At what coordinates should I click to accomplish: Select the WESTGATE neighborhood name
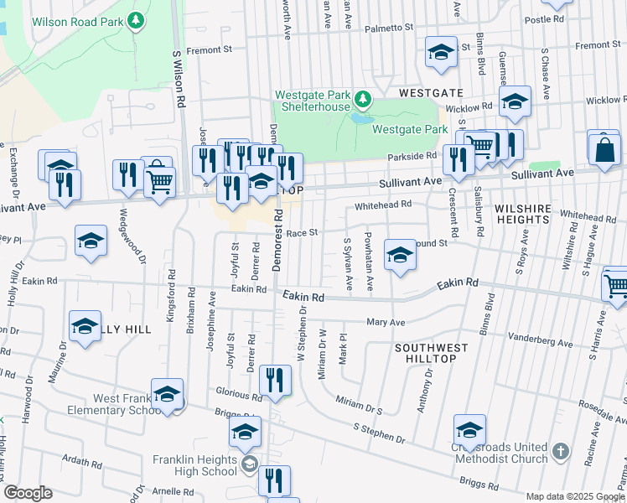(431, 91)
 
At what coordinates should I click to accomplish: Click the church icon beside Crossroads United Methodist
(561, 454)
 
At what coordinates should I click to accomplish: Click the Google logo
(28, 493)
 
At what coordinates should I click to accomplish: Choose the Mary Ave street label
(386, 322)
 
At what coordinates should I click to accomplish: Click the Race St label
(303, 232)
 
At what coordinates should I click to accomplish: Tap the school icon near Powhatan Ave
(401, 256)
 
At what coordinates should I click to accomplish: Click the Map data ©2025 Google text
(575, 496)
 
